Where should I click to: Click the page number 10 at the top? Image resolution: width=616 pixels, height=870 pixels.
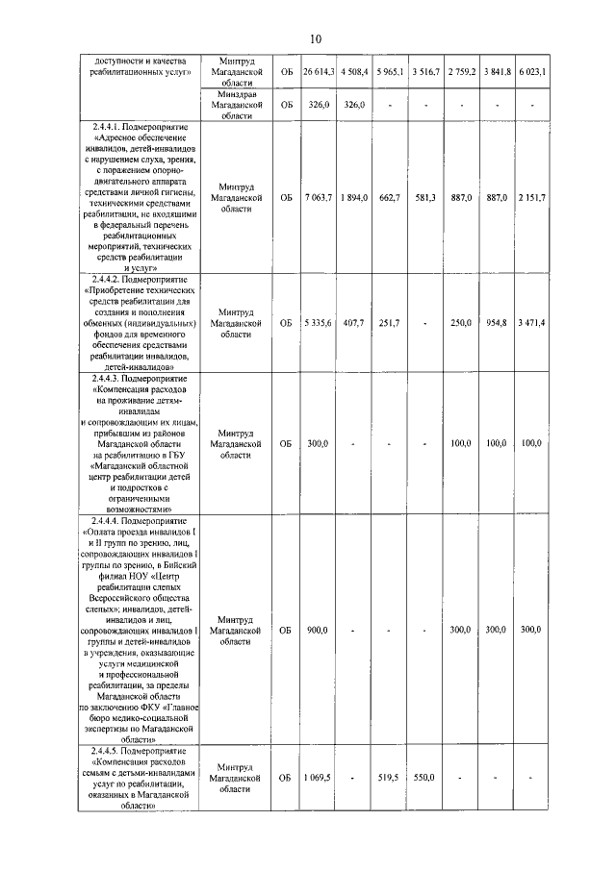coord(315,38)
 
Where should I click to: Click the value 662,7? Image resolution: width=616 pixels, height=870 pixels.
coord(390,197)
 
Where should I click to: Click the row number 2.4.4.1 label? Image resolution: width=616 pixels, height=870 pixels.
coord(141,127)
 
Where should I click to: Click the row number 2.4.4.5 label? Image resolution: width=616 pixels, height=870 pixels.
coord(141,750)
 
